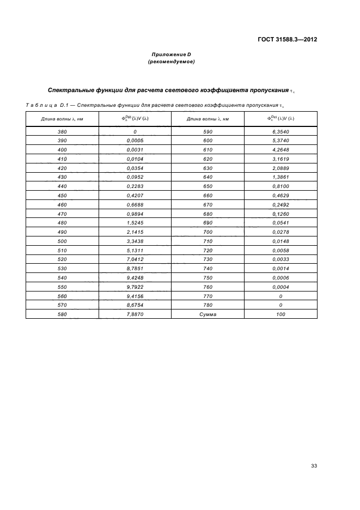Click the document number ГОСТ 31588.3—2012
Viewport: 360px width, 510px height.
(x=288, y=39)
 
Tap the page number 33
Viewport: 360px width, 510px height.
(x=314, y=466)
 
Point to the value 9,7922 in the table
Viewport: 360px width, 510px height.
(x=135, y=287)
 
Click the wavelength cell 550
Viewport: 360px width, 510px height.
(x=62, y=287)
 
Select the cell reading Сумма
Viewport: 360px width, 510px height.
(x=208, y=314)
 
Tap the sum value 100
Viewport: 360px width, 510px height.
(x=280, y=314)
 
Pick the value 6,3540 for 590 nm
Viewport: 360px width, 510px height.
(x=280, y=131)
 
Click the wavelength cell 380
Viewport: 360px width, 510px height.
(x=62, y=131)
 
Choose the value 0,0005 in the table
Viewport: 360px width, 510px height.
(x=135, y=141)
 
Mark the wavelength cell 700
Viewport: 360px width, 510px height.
(x=208, y=232)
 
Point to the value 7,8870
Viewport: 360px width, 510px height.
(x=135, y=314)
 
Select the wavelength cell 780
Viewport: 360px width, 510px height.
(x=208, y=305)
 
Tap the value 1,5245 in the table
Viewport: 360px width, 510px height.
(x=135, y=223)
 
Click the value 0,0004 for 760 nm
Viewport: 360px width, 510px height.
(x=280, y=287)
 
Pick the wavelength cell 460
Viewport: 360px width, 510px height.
(x=62, y=204)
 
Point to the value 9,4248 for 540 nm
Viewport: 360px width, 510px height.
(x=135, y=278)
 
